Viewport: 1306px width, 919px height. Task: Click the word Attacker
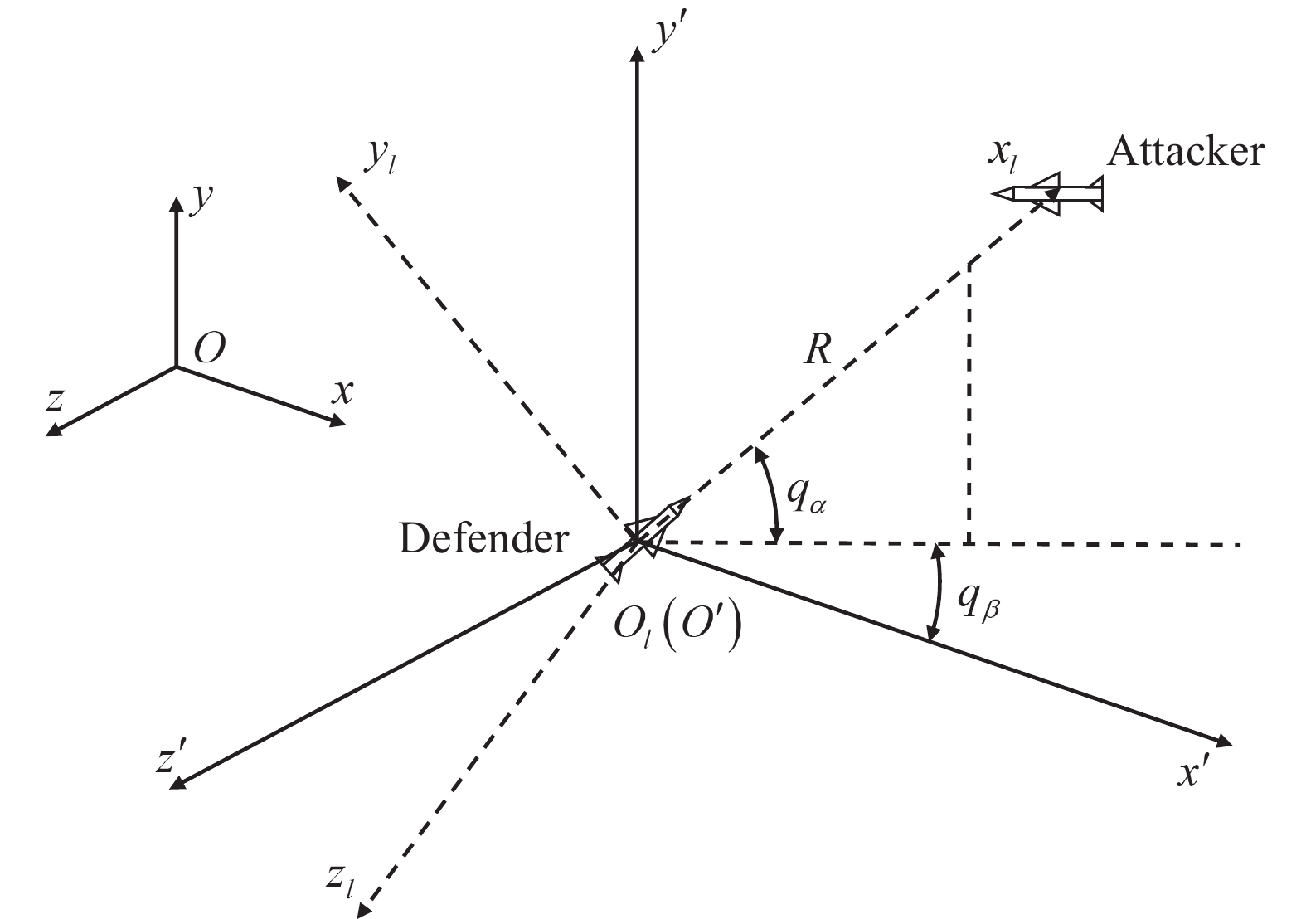pos(1186,153)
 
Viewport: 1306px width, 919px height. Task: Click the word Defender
pos(483,539)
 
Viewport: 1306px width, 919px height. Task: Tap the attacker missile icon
pos(1049,194)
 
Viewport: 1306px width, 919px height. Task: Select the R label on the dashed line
pos(817,352)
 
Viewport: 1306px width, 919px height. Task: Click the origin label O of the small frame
pos(209,349)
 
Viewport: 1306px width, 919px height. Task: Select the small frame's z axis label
pos(55,400)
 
